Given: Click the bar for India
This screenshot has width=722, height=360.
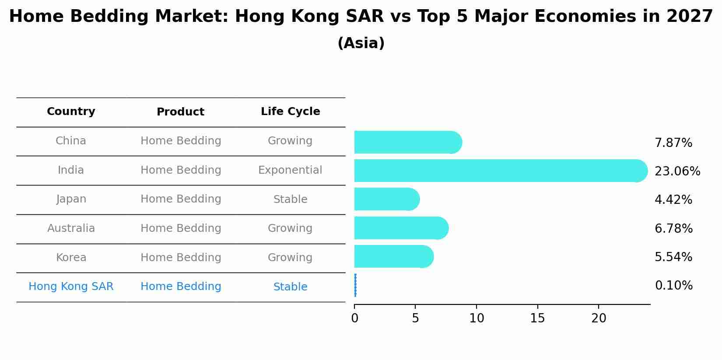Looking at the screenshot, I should [499, 171].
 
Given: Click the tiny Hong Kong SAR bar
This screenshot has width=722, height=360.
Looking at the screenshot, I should [355, 285].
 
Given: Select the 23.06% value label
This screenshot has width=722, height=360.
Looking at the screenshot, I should [677, 171].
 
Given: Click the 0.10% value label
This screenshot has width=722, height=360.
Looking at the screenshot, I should [673, 286].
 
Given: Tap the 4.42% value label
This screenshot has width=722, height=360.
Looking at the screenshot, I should [673, 200].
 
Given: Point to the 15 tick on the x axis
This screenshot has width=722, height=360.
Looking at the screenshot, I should [537, 318].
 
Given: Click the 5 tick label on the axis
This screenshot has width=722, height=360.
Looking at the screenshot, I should [415, 318].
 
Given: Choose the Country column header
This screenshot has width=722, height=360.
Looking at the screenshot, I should [71, 112].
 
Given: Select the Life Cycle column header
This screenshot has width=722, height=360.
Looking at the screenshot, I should [290, 112].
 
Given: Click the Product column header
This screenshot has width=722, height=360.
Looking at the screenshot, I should [180, 112].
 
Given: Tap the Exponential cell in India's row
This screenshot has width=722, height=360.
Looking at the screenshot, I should [290, 170].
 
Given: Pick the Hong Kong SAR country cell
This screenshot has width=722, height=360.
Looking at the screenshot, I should [71, 287].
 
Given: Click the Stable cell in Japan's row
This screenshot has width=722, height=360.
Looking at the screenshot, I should [290, 199].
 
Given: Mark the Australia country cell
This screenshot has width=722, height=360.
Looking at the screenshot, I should [71, 228].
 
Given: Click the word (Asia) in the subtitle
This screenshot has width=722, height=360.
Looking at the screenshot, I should [361, 43].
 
